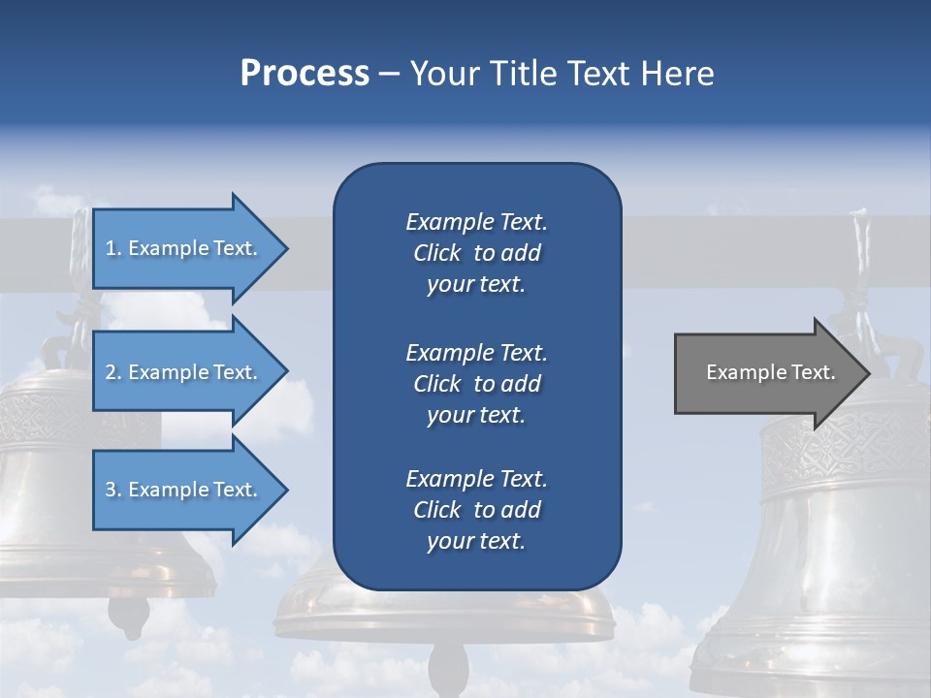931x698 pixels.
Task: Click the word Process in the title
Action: [305, 74]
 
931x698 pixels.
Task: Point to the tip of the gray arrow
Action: [868, 372]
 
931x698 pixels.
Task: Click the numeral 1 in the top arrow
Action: [111, 248]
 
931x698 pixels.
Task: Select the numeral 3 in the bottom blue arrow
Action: [111, 490]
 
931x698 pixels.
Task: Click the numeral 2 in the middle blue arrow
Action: [111, 372]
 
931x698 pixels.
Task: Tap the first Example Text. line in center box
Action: [476, 222]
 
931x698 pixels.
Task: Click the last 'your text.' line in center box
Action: [476, 542]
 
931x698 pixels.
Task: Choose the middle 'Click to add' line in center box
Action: [476, 384]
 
